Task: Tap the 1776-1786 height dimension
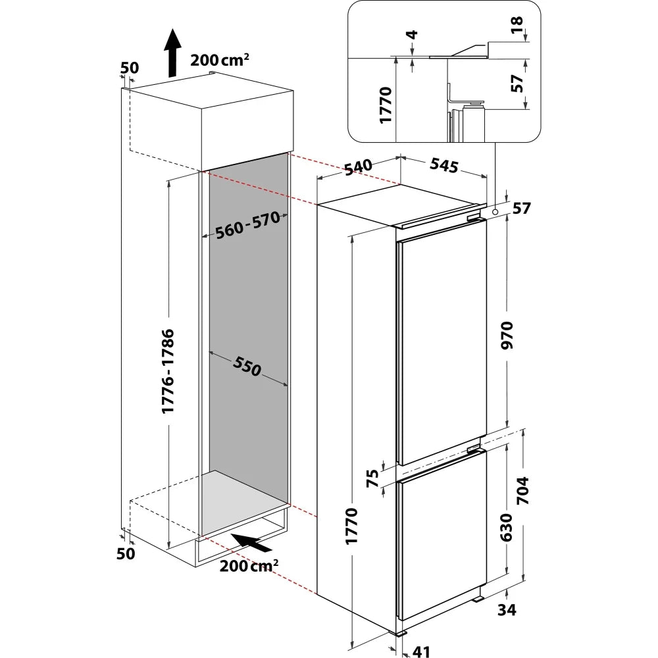tap(168, 371)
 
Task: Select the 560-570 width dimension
tap(247, 225)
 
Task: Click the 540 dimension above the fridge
tap(359, 167)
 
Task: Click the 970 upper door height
tap(507, 335)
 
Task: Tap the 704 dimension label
tap(523, 490)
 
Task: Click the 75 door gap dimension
tap(372, 478)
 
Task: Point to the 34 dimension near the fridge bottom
tap(507, 610)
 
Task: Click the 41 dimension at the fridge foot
tap(421, 651)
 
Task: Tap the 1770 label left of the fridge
tap(351, 526)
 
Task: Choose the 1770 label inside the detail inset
tap(385, 105)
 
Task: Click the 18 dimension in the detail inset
tap(517, 25)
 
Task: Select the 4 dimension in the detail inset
tap(413, 34)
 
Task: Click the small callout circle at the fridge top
tap(495, 212)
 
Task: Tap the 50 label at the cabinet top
tap(129, 68)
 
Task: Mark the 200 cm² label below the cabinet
tap(249, 566)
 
